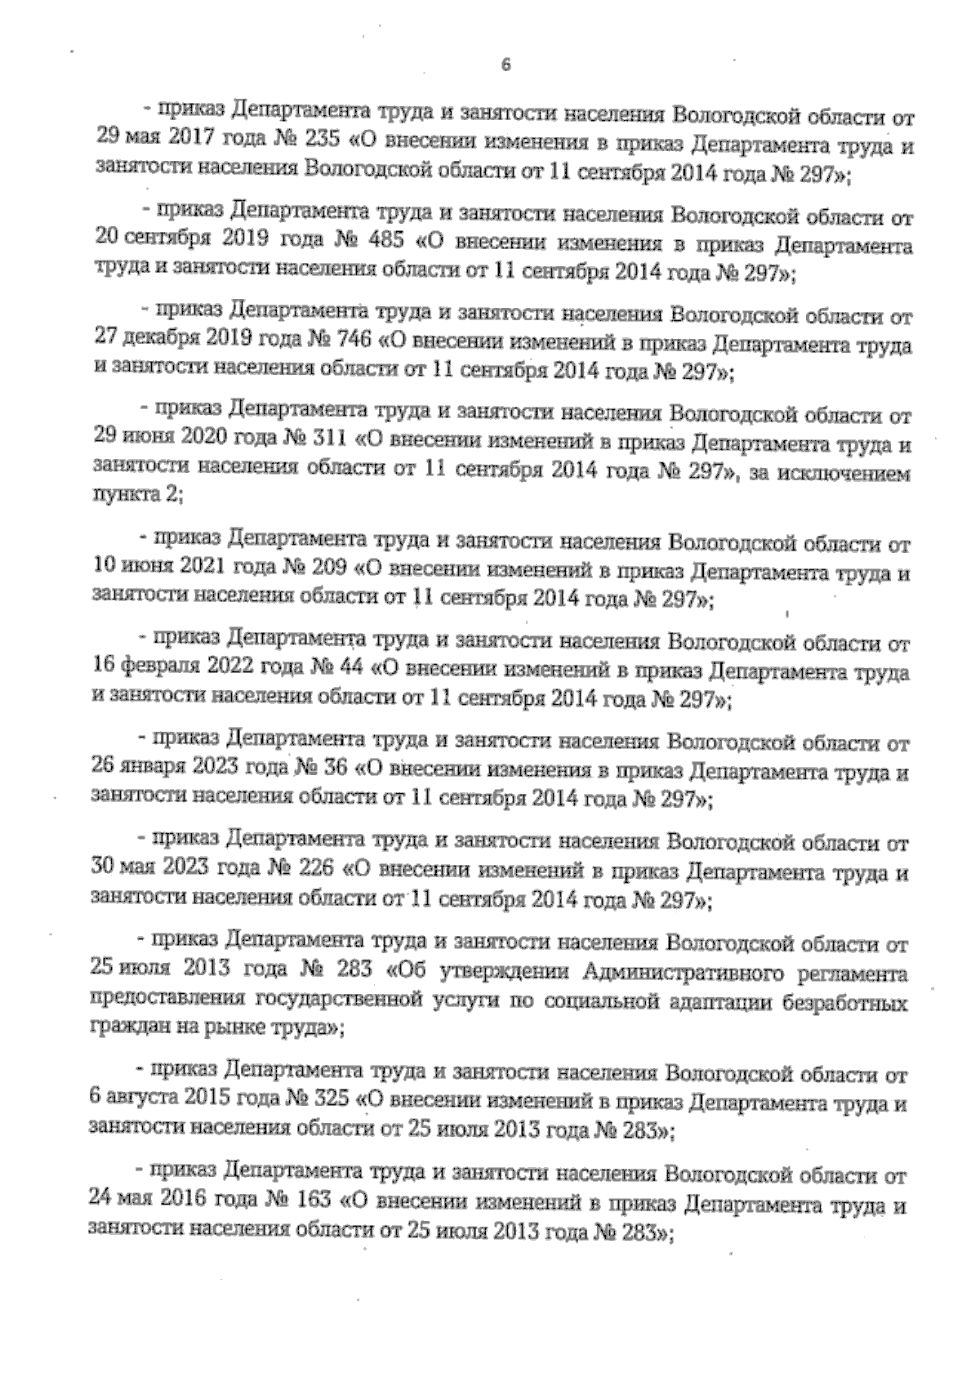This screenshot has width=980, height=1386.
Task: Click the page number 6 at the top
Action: point(506,67)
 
